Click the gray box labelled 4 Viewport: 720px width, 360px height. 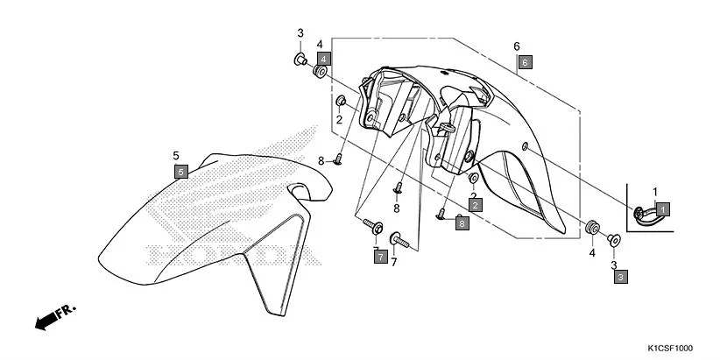tap(323, 59)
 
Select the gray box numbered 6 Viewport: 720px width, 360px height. tap(525, 62)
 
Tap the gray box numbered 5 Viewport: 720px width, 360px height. tap(181, 172)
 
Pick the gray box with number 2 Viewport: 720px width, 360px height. tap(476, 204)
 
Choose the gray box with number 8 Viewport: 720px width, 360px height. tap(462, 223)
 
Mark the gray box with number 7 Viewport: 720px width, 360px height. tap(380, 257)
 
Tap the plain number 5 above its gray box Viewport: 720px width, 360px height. tap(176, 155)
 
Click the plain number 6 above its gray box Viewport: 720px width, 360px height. tap(517, 46)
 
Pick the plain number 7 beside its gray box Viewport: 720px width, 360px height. tap(394, 262)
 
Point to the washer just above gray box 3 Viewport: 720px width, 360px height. tap(614, 239)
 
